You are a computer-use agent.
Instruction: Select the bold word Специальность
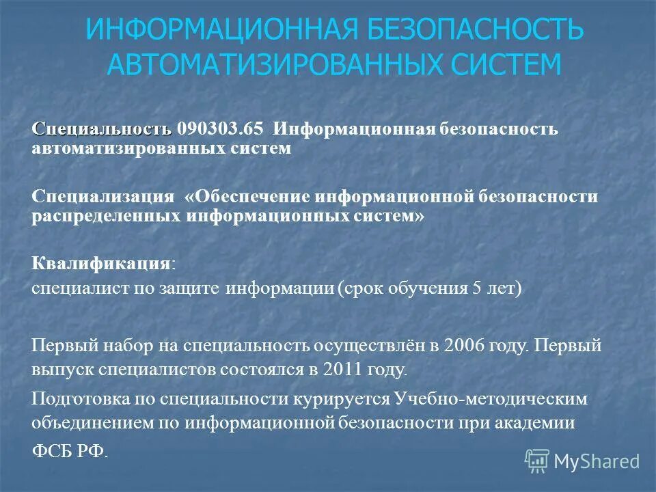tap(101, 128)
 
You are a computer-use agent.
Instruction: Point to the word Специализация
tap(103, 197)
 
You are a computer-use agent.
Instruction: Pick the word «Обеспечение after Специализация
tap(247, 197)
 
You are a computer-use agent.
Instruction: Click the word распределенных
tap(105, 216)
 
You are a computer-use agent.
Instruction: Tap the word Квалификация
tap(100, 264)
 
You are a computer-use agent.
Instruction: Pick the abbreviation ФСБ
tap(57, 452)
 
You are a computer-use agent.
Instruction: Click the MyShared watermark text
tap(597, 461)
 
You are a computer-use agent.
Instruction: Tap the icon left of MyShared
tap(537, 461)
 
